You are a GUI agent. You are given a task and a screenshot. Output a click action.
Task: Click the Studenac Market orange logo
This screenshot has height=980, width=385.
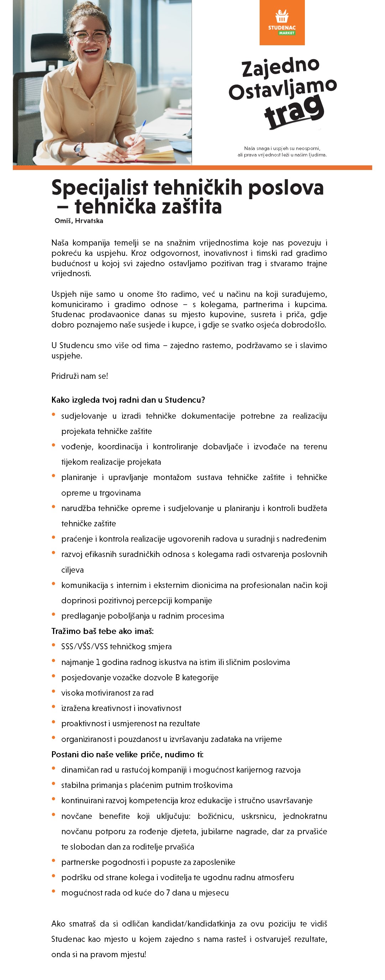[x=282, y=22]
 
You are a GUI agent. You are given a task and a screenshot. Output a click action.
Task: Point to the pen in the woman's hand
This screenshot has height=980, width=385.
[x=139, y=131]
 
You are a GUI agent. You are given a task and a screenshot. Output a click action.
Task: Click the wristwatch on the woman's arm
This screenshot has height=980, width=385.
[x=79, y=149]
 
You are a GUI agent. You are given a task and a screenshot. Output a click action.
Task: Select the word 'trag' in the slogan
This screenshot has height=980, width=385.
[x=295, y=110]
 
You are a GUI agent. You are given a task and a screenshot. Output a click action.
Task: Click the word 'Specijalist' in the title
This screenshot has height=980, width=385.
[x=100, y=187]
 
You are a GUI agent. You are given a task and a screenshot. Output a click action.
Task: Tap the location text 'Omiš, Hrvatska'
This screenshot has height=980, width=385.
[x=79, y=221]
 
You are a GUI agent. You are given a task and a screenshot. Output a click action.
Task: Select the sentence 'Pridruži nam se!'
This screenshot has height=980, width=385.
[x=80, y=376]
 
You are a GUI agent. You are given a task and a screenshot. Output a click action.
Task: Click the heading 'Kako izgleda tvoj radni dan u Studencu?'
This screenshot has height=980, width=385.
[x=128, y=400]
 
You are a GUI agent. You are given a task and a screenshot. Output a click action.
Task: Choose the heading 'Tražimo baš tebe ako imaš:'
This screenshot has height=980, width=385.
[x=102, y=631]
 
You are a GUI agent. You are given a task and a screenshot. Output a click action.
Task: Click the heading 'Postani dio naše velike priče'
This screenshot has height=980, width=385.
[x=112, y=754]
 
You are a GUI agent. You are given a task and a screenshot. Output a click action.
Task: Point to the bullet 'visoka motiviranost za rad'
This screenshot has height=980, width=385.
[x=107, y=693]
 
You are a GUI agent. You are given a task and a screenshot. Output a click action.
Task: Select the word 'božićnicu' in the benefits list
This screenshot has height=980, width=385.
[x=215, y=816]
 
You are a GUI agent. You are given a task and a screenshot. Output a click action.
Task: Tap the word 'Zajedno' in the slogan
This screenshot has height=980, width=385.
[x=281, y=67]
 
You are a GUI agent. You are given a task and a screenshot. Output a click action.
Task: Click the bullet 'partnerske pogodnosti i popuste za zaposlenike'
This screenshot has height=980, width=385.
[x=148, y=862]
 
